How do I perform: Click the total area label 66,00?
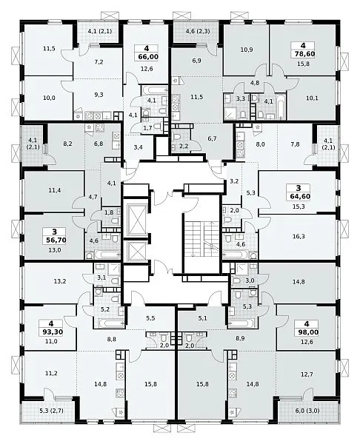coord(148,57)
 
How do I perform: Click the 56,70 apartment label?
coord(56,240)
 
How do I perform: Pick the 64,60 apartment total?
coord(299,197)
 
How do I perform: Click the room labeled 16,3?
coord(299,237)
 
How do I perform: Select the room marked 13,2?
coord(59,281)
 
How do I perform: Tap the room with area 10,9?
coord(246,50)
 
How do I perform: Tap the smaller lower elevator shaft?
coord(136,251)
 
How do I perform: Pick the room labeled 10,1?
coord(311,98)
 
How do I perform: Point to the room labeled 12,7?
coord(306,374)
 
